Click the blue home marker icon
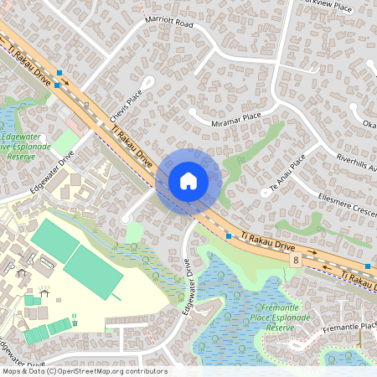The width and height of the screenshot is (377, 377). (188, 181)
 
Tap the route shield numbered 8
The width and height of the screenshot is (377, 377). (297, 261)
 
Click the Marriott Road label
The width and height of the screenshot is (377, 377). (170, 25)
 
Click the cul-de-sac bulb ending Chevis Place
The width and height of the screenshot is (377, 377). (147, 82)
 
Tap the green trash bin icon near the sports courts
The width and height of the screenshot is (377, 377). (75, 318)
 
